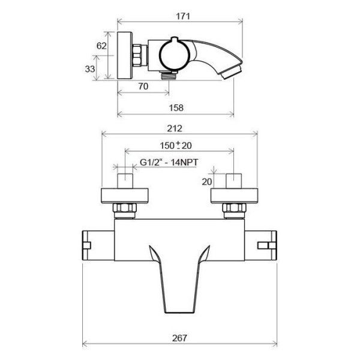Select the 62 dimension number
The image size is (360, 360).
pyautogui.click(x=101, y=46)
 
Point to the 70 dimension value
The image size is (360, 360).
pyautogui.click(x=143, y=86)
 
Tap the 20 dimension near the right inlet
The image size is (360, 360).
pyautogui.click(x=208, y=182)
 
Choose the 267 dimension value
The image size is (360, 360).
pyautogui.click(x=179, y=339)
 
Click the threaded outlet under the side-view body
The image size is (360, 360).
pyautogui.click(x=170, y=74)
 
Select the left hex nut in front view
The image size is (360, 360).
pyautogui.click(x=125, y=209)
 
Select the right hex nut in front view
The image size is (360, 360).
pyautogui.click(x=234, y=209)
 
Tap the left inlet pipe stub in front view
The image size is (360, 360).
pyautogui.click(x=125, y=181)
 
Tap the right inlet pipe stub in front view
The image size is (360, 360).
pyautogui.click(x=234, y=181)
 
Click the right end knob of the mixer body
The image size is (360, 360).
pyautogui.click(x=268, y=245)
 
